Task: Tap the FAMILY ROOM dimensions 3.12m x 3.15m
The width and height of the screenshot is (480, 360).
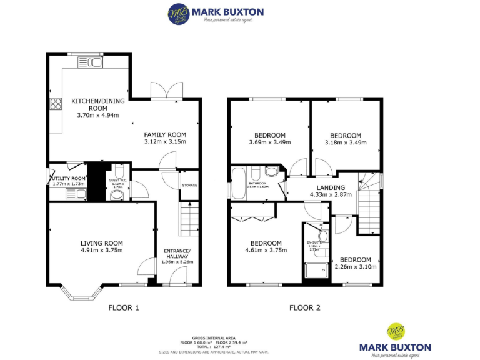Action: tap(165, 142)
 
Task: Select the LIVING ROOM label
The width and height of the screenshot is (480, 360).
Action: tap(101, 243)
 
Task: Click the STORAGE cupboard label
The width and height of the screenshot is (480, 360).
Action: tap(189, 185)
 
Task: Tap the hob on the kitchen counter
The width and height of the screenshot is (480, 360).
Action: tap(56, 104)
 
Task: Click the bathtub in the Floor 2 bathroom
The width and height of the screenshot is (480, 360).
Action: tap(239, 182)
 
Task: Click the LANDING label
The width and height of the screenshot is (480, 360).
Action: tap(331, 187)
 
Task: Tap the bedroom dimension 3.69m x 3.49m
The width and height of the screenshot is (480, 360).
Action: tap(269, 142)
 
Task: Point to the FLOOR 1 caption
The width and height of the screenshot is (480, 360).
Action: tap(124, 307)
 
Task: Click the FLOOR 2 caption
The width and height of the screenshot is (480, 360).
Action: tap(304, 307)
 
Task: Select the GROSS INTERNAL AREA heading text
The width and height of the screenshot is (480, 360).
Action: tap(214, 337)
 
